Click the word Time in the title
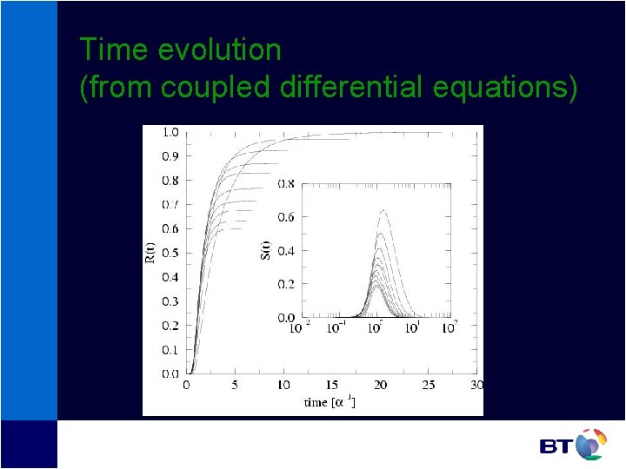tap(114, 50)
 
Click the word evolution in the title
tap(219, 50)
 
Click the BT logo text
tap(556, 446)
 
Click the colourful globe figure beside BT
tap(590, 444)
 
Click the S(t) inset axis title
tap(266, 249)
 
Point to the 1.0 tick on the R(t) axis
tap(170, 132)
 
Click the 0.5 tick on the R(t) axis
tap(170, 254)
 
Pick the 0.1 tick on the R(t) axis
tap(170, 350)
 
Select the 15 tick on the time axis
tap(331, 385)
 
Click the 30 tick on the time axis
tap(476, 385)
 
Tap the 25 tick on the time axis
tap(429, 385)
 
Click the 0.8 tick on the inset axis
tap(286, 184)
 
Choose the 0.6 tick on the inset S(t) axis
tap(286, 217)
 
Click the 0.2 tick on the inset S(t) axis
tap(286, 285)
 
